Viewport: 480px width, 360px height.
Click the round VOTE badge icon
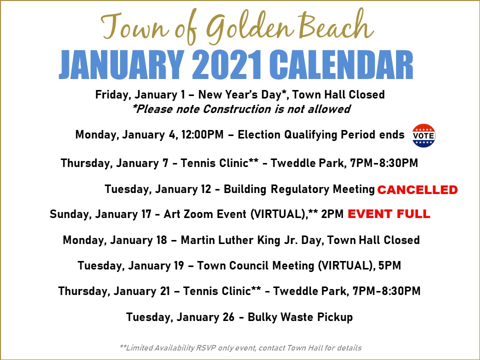pos(423,135)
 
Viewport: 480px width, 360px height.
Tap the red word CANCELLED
pos(417,190)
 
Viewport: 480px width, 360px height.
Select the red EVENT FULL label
pos(389,213)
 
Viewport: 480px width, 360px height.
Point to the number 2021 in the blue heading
pos(227,65)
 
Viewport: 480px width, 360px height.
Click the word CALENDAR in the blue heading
pos(341,65)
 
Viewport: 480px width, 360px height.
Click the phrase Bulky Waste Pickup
pos(300,317)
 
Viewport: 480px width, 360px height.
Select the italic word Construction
pos(237,109)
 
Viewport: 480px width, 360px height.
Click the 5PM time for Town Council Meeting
pos(389,265)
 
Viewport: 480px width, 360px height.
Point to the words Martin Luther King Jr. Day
pos(250,240)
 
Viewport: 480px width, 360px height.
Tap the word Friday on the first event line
pos(113,94)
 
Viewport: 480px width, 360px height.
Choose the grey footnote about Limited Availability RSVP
pos(240,348)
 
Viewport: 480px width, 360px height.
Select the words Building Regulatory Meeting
pos(299,189)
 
